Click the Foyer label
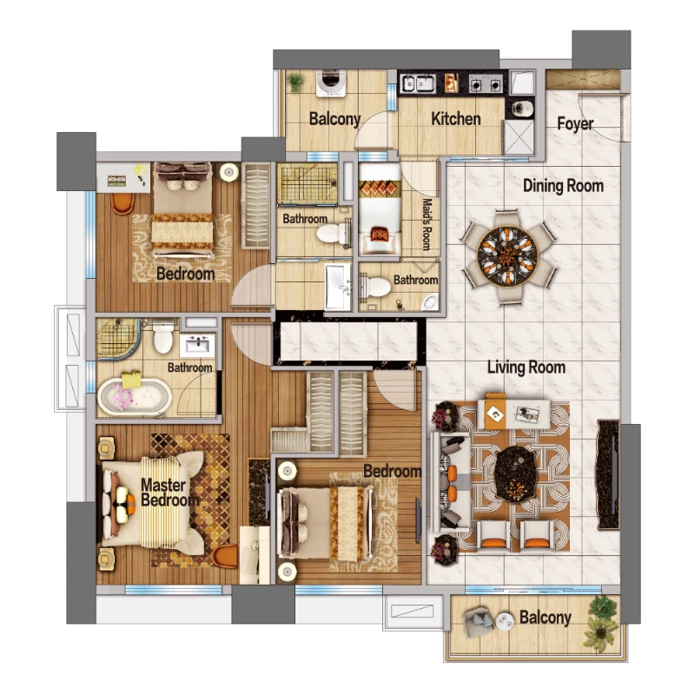click(x=575, y=123)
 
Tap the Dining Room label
click(x=563, y=186)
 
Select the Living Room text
click(x=526, y=367)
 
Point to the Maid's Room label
click(x=427, y=224)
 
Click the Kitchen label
click(x=455, y=119)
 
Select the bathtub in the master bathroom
click(x=135, y=397)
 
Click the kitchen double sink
click(x=418, y=83)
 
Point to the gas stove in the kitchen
click(x=486, y=83)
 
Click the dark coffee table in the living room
click(x=515, y=474)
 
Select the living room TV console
click(x=608, y=474)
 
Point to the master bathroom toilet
click(x=162, y=338)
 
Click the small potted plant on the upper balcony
click(x=295, y=82)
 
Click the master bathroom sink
click(x=198, y=345)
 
